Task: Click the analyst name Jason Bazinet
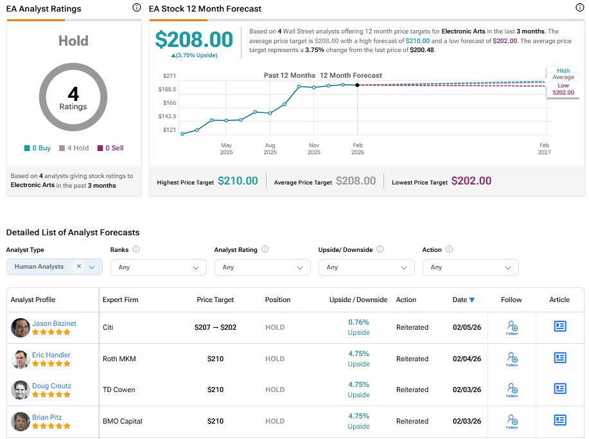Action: [54, 323]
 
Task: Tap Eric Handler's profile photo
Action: [20, 359]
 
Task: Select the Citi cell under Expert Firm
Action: [108, 327]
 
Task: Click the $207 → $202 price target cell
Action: [215, 327]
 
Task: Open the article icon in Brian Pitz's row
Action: [560, 420]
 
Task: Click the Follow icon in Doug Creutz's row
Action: [512, 389]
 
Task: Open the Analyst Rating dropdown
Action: [262, 267]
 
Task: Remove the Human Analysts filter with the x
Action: [79, 266]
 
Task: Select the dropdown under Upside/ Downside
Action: [366, 267]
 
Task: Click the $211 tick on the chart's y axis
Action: [170, 75]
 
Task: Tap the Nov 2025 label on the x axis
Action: [314, 148]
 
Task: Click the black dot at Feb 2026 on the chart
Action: [358, 85]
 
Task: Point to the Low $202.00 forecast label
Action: [563, 89]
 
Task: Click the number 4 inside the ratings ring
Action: [73, 94]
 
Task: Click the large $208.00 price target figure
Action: [194, 40]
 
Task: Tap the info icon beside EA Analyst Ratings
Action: [136, 8]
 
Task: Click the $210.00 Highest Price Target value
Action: [238, 181]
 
